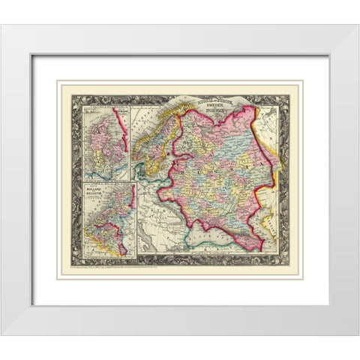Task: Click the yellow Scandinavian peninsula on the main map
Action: (x=150, y=150)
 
